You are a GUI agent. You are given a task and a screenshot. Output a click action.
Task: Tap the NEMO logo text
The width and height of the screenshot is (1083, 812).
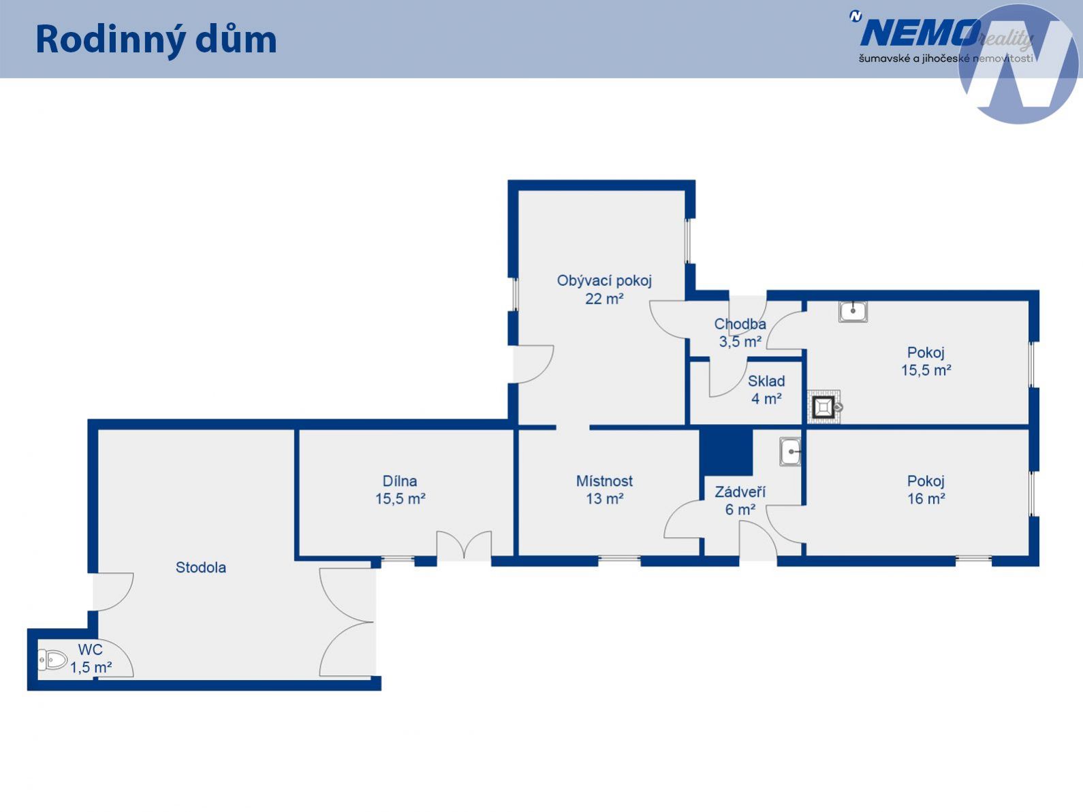[921, 33]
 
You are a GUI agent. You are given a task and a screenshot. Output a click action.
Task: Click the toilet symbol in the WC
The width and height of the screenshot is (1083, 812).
[53, 660]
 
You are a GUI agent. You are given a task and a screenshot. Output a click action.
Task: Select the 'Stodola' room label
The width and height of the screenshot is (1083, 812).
[201, 568]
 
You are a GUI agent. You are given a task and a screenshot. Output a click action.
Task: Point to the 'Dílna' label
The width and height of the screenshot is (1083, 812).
[400, 481]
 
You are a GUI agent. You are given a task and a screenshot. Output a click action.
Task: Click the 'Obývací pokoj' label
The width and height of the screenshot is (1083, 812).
[604, 280]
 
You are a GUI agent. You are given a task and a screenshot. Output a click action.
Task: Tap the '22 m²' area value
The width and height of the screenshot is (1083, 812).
[604, 299]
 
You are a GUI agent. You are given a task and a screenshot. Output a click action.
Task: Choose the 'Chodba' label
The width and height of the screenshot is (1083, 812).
[740, 324]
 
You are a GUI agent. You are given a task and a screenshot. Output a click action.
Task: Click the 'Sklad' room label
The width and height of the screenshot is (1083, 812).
[766, 381]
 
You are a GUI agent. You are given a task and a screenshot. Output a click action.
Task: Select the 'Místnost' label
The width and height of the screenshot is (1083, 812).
[604, 481]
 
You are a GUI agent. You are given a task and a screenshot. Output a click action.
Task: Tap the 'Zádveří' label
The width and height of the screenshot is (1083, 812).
[740, 491]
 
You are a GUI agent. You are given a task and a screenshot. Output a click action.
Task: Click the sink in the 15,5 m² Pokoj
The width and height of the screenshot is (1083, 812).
[853, 312]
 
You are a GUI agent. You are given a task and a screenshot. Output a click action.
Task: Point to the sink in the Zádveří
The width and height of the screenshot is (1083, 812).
[790, 452]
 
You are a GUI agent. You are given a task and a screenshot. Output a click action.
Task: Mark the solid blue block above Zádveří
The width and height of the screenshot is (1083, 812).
[726, 451]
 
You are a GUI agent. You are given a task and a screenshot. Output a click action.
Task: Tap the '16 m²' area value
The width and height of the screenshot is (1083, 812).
[926, 498]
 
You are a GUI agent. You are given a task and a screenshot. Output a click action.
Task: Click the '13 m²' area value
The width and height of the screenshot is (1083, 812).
[604, 498]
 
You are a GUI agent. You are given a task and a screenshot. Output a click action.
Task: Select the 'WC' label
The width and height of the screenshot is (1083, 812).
[91, 649]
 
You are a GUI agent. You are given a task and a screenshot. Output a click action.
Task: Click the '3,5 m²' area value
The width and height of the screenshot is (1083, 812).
[740, 342]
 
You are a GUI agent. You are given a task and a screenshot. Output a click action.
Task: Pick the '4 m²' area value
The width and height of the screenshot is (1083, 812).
[766, 398]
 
